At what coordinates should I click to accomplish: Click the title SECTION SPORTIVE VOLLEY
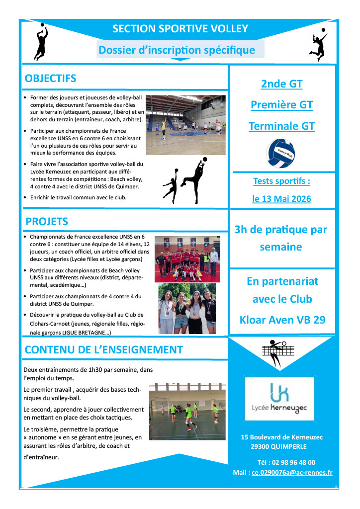180,29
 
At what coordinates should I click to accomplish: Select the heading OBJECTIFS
51,79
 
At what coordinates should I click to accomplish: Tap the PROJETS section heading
47,221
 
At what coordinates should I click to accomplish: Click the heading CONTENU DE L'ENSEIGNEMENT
103,349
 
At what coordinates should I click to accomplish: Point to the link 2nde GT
281,84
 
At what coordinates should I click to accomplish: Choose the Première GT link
281,105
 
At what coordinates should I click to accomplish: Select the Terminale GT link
281,126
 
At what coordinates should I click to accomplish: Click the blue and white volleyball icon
281,153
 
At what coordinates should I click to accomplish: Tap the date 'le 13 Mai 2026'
281,199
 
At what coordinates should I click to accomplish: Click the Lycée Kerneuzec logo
279,399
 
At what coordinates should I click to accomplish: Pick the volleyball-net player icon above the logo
275,353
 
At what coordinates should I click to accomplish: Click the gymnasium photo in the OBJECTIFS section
185,125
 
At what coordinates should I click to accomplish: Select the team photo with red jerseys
186,259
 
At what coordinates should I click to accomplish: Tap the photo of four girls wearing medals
187,308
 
